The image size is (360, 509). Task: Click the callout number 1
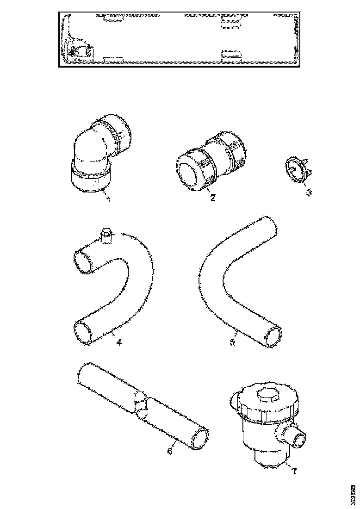(x=108, y=200)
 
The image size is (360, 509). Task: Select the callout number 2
(x=212, y=198)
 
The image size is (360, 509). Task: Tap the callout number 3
(x=309, y=192)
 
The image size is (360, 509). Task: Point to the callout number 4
(x=119, y=343)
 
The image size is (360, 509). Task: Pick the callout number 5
(x=233, y=342)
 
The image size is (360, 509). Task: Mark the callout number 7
(x=293, y=471)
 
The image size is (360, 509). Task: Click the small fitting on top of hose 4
(x=106, y=235)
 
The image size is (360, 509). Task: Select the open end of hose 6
(x=199, y=438)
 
